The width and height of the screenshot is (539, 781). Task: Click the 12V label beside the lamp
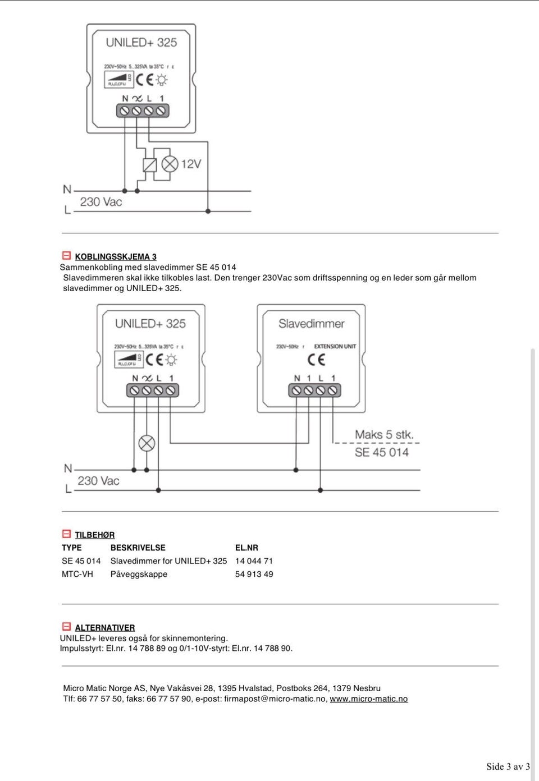(x=191, y=164)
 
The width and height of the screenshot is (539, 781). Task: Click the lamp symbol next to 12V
(x=170, y=164)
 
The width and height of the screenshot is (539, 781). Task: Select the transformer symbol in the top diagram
(x=149, y=164)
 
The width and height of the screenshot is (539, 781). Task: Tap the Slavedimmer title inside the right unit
(x=311, y=324)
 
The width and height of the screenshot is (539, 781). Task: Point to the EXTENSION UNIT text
(x=335, y=347)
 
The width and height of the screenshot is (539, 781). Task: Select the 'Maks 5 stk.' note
(x=384, y=435)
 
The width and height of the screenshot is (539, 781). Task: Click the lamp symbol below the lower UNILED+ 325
(x=147, y=443)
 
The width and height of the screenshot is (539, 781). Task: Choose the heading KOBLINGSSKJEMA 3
(x=116, y=257)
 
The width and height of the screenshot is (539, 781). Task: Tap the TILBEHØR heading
(x=94, y=535)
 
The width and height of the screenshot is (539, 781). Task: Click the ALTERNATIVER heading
(x=104, y=628)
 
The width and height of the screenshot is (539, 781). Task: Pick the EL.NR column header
(x=246, y=548)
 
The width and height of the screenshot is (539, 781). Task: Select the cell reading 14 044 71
(x=254, y=561)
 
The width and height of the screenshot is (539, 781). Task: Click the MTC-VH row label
(x=77, y=574)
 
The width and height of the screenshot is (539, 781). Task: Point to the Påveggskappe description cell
(x=139, y=574)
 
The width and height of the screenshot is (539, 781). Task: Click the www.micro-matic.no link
(x=368, y=699)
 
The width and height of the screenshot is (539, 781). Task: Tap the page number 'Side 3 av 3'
(x=508, y=767)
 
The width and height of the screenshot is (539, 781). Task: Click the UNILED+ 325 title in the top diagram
(x=141, y=43)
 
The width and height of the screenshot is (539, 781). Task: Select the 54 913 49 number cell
(x=254, y=574)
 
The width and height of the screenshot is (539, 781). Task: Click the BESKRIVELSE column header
(x=138, y=548)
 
